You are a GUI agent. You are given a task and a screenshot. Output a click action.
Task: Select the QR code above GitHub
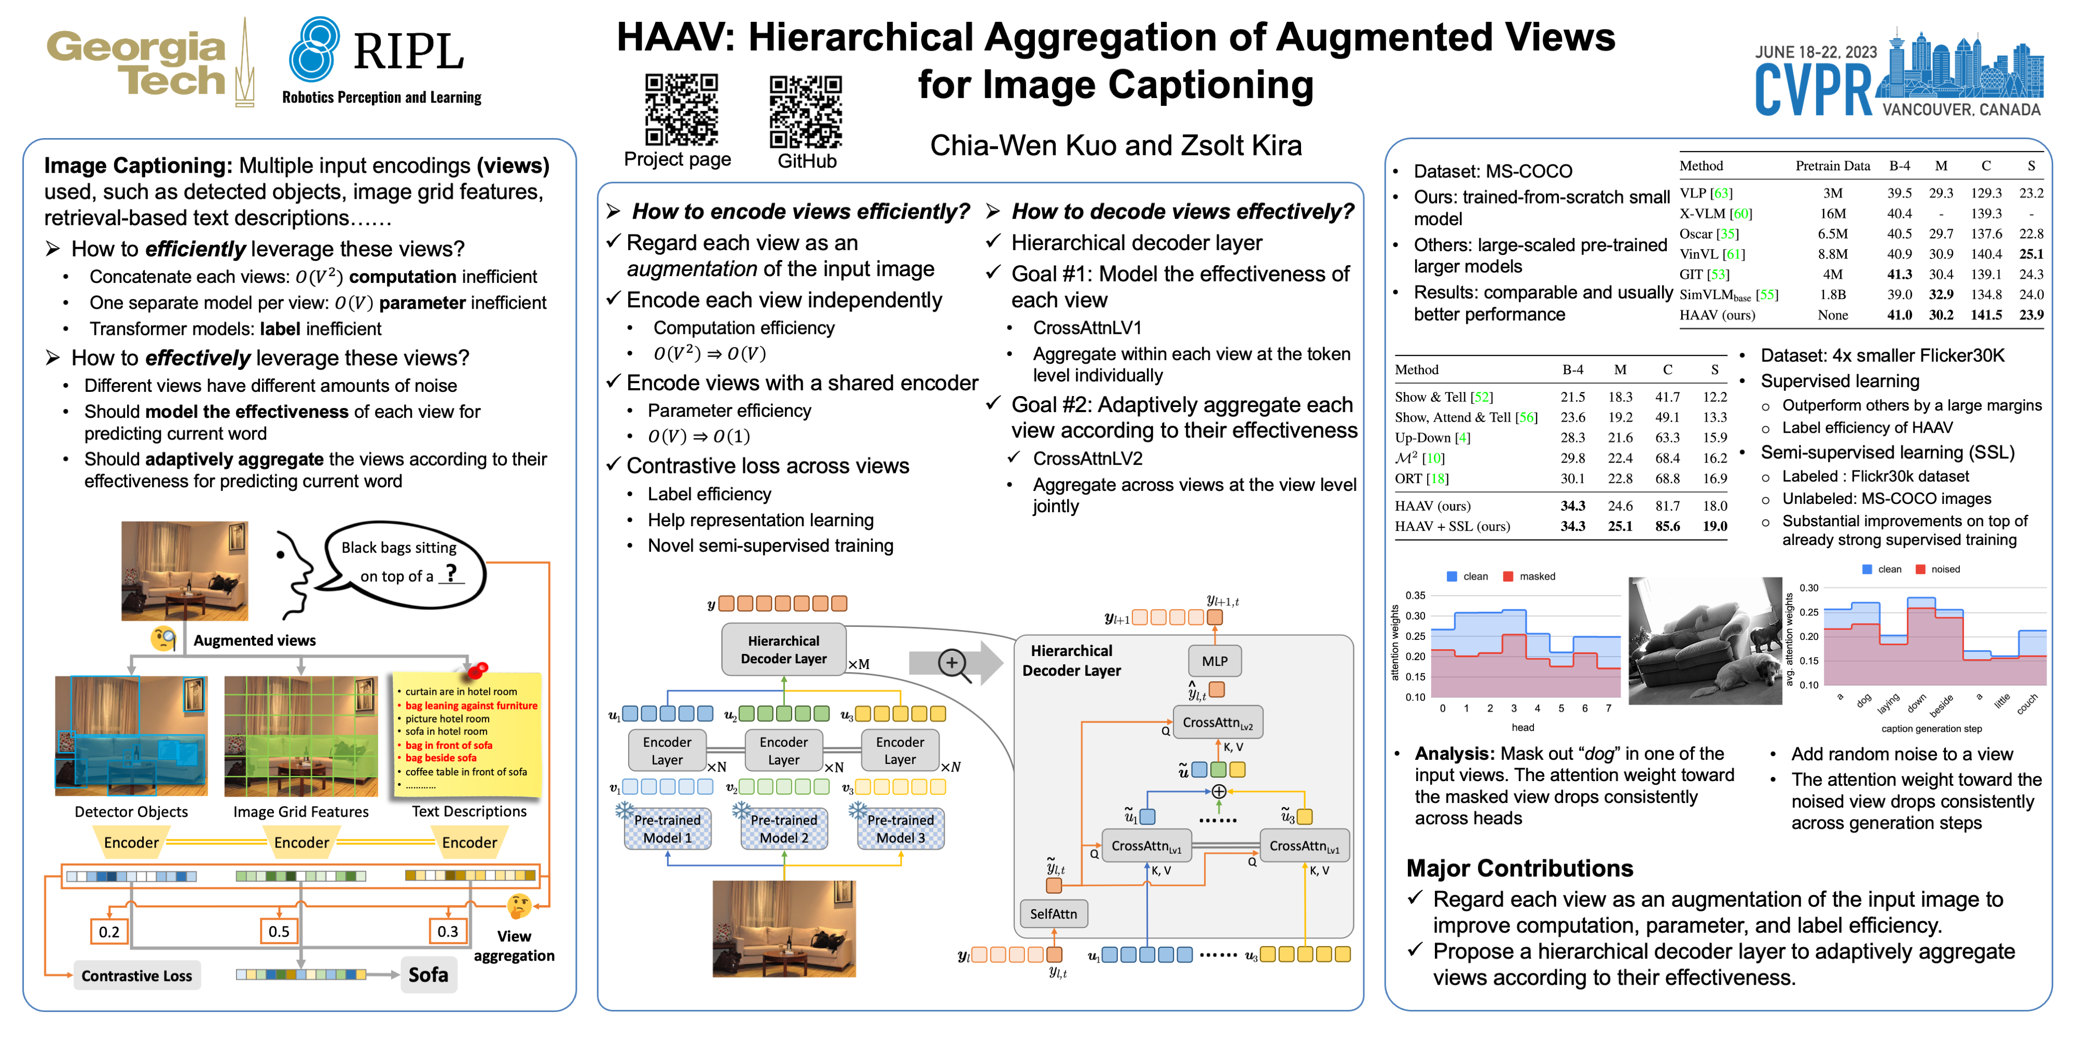click(x=806, y=111)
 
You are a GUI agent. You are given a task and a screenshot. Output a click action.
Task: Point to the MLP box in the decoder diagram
click(x=1214, y=661)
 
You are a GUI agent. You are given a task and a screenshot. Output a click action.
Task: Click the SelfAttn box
click(x=1053, y=913)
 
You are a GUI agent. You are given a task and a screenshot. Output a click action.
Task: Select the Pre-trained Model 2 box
click(x=784, y=828)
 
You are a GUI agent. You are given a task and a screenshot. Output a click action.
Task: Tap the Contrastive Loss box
click(x=136, y=976)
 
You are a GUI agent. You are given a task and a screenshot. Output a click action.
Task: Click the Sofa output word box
click(x=428, y=974)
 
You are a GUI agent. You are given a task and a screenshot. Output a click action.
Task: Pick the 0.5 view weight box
click(x=279, y=931)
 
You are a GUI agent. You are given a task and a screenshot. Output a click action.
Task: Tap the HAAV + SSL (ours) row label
click(x=1451, y=526)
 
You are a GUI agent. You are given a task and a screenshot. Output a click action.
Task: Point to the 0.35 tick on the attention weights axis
click(x=1415, y=596)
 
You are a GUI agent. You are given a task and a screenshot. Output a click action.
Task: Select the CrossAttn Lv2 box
click(x=1217, y=722)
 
